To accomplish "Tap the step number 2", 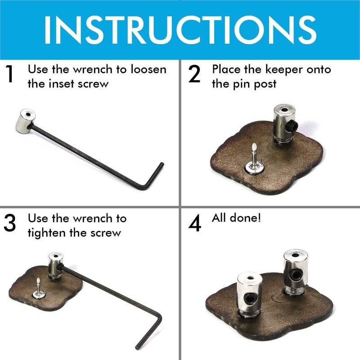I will coord(194,75).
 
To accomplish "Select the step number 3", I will coord(10,224).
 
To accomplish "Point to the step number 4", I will coord(194,224).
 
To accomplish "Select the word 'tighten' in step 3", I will coord(50,233).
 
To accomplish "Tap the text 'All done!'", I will coord(236,219).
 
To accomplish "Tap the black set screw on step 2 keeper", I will coord(292,123).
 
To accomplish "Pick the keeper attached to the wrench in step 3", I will coord(55,265).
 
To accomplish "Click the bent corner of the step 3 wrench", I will coord(155,320).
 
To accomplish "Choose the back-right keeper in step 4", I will coord(295,272).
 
